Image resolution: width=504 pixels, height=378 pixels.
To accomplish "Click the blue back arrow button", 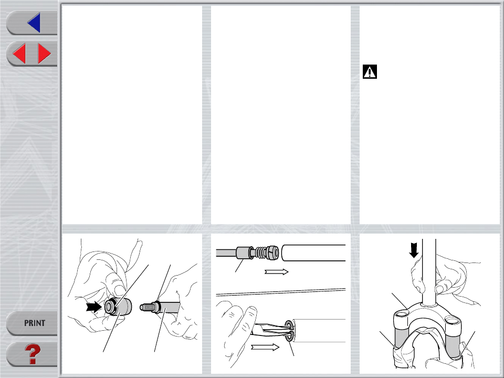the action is (34, 23).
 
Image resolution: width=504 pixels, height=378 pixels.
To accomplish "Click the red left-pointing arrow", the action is (19, 54).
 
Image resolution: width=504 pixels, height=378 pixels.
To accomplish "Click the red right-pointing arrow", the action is (44, 54).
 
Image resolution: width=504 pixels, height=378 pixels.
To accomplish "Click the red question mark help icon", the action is (33, 354).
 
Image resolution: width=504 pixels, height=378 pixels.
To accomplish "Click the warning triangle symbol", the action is (370, 72).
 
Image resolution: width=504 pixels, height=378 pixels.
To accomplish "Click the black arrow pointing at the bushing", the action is (94, 307).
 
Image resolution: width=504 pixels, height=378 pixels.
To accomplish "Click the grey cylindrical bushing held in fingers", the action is (118, 307).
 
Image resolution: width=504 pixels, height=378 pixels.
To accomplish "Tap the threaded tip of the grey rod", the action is (146, 307).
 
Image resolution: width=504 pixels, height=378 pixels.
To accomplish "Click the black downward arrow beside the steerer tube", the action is (414, 250).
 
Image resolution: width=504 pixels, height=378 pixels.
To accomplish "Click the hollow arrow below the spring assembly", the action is (277, 272).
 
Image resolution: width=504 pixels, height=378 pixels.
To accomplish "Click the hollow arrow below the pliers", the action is (265, 347).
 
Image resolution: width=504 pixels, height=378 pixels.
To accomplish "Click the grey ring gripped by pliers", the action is (289, 330).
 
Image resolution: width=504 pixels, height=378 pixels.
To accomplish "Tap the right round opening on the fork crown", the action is (453, 320).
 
